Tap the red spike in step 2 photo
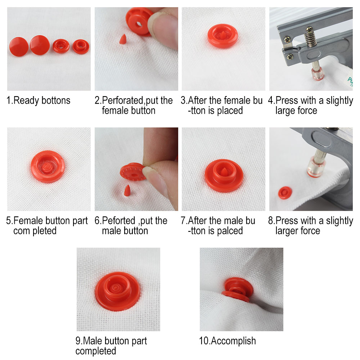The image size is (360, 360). tap(123, 39)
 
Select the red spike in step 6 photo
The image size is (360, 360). tap(127, 190)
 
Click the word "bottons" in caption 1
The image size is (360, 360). tap(56, 100)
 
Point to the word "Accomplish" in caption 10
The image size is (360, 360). tap(233, 341)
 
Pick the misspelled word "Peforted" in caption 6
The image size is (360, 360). tap(119, 221)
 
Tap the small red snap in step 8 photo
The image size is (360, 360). tap(285, 193)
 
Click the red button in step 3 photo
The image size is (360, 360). tap(223, 36)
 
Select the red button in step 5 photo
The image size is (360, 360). tap(48, 166)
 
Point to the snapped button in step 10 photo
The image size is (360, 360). tap(237, 289)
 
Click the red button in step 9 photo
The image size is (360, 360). tap(118, 291)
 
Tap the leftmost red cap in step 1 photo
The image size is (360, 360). tap(19, 46)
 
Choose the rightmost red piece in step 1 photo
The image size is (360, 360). tap(81, 46)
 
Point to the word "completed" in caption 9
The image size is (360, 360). tap(96, 351)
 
